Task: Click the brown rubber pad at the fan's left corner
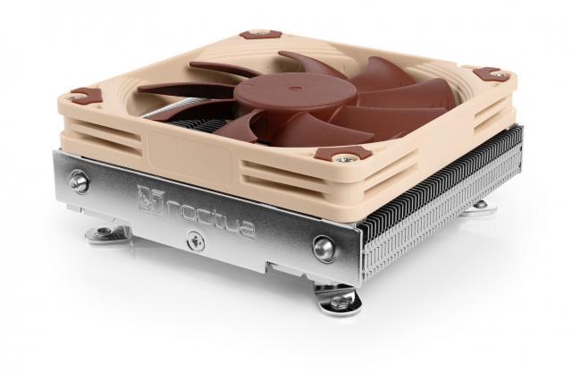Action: [x=85, y=93]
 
